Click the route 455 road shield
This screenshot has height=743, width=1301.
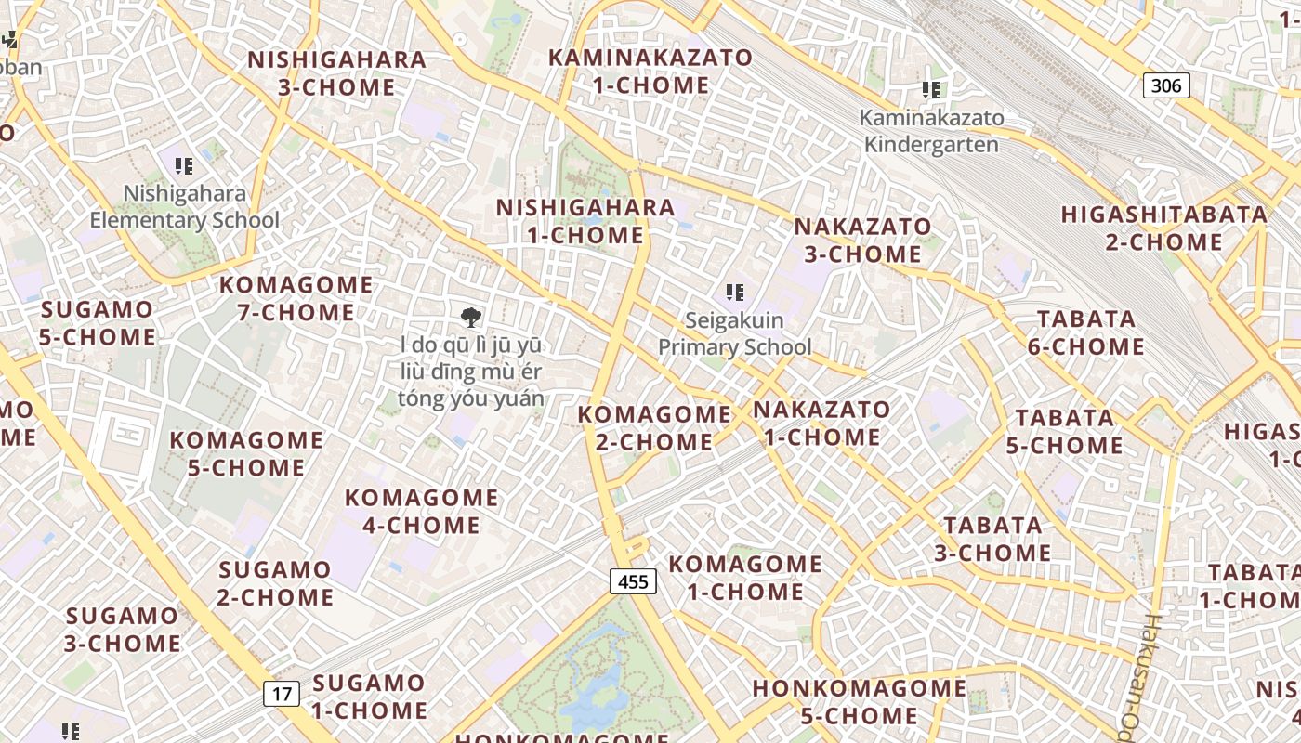[x=633, y=582]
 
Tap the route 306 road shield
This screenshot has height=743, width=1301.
[x=1165, y=86]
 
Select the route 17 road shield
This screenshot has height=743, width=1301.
[x=282, y=693]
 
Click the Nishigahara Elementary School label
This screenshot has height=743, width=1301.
[x=184, y=207]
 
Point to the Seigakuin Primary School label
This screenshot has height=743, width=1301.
[x=735, y=334]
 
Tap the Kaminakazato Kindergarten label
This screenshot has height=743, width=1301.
[x=931, y=131]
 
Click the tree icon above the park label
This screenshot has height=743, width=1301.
[x=471, y=318]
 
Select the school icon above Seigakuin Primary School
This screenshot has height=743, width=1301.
[x=735, y=293]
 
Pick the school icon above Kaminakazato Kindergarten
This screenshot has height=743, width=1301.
[x=931, y=90]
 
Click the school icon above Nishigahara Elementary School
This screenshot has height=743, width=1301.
[x=184, y=166]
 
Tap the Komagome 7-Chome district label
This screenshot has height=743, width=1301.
[x=296, y=298]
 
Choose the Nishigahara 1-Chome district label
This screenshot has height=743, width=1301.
[x=585, y=221]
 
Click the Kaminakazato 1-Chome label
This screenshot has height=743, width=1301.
[x=650, y=72]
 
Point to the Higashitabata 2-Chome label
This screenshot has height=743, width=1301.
[x=1164, y=228]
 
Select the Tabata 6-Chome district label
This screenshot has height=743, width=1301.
[x=1086, y=332]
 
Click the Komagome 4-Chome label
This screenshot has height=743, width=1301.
[x=422, y=512]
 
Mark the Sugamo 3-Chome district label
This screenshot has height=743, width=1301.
[x=123, y=629]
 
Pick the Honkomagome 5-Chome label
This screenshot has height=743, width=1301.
[x=860, y=702]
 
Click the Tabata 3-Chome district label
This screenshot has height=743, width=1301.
[x=992, y=539]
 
